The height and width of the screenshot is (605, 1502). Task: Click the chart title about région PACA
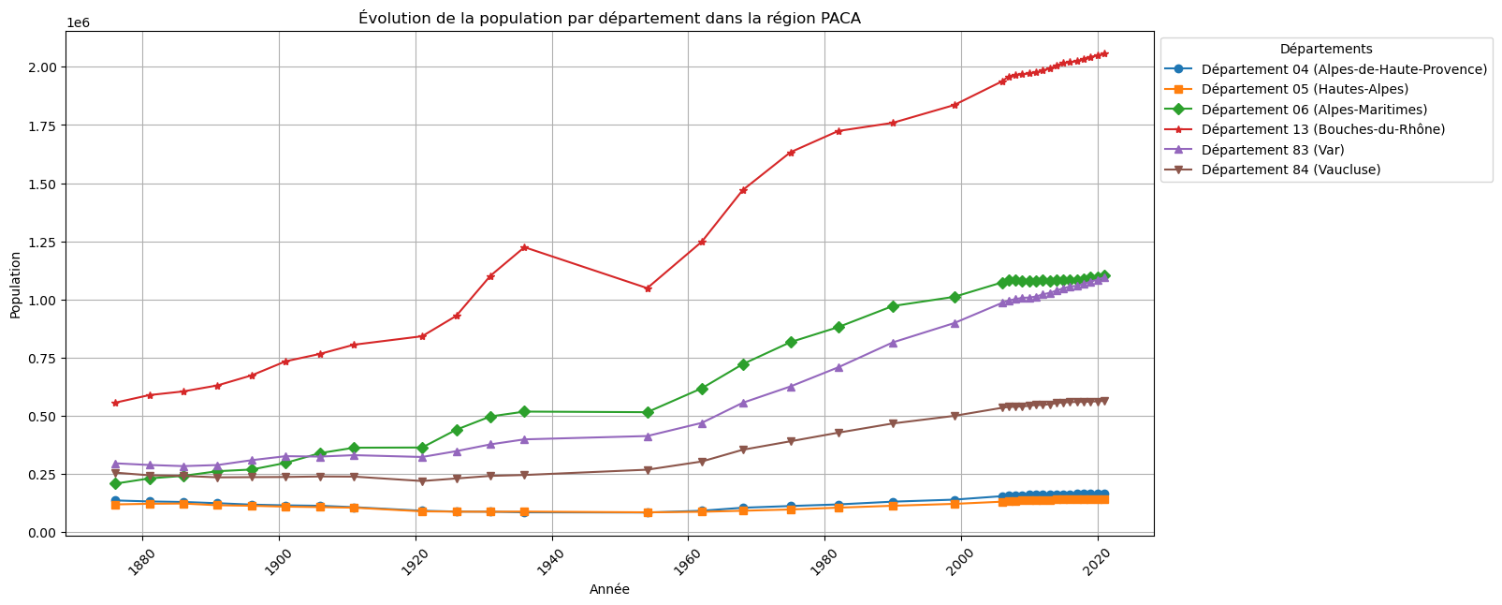(x=609, y=18)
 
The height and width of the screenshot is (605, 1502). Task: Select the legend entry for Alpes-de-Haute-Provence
(x=1344, y=69)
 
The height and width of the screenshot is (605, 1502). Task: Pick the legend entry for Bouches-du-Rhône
(x=1322, y=129)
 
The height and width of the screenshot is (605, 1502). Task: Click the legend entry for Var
(x=1275, y=150)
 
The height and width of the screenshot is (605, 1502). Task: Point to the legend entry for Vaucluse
(x=1291, y=170)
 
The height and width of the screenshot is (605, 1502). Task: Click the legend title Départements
(x=1326, y=49)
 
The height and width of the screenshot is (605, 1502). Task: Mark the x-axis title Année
(x=609, y=589)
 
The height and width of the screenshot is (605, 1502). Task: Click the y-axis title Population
(x=15, y=284)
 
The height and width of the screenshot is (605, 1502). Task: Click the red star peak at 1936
(x=524, y=247)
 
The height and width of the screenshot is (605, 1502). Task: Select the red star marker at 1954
(x=648, y=288)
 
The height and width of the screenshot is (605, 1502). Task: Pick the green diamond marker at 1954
(x=648, y=412)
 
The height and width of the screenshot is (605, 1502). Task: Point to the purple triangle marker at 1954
(x=648, y=435)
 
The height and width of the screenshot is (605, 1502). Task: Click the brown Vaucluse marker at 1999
(x=955, y=416)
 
